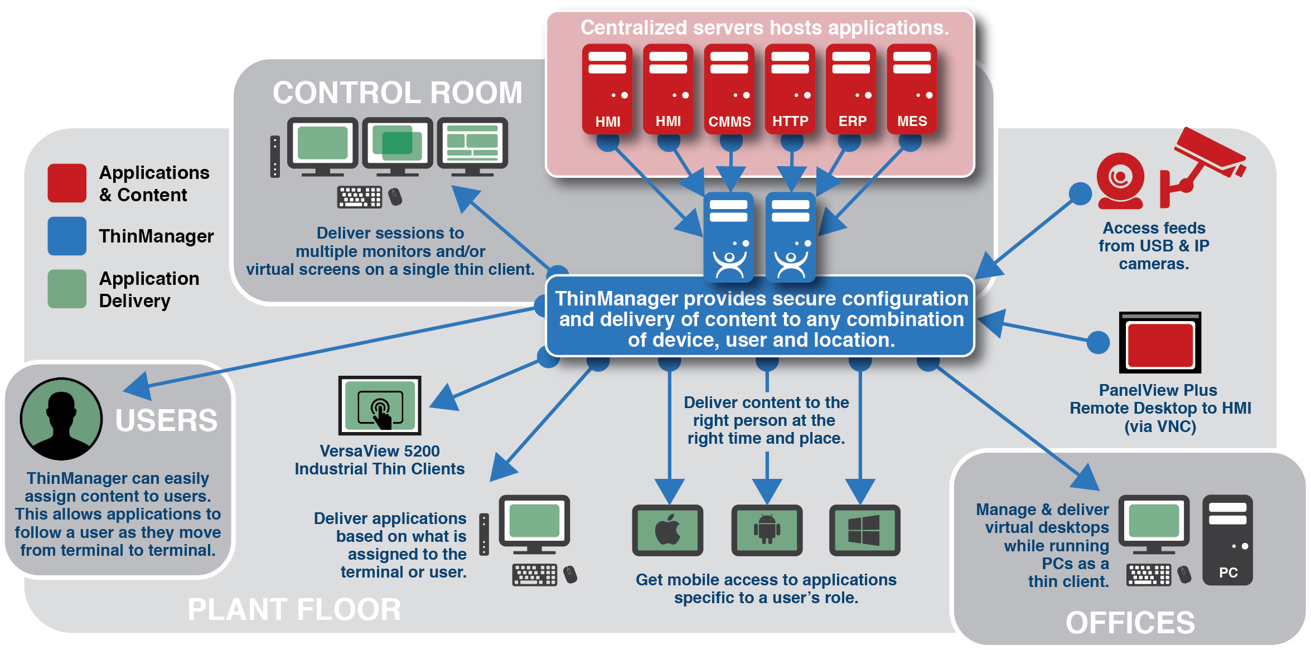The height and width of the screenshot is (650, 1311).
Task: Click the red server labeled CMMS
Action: pyautogui.click(x=729, y=89)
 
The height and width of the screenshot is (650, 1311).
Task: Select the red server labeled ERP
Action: pyautogui.click(x=851, y=89)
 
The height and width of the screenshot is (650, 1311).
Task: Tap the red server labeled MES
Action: pyautogui.click(x=912, y=89)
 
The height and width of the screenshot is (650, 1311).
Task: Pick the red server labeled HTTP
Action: pyautogui.click(x=790, y=89)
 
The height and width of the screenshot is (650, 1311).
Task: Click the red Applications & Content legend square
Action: pyautogui.click(x=67, y=183)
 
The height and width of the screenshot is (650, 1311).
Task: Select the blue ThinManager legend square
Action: pyautogui.click(x=67, y=236)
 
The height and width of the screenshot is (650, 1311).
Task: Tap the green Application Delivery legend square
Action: pyautogui.click(x=67, y=289)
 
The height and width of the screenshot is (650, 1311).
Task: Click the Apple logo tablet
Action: pyautogui.click(x=667, y=530)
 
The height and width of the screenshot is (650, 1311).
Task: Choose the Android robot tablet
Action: pyautogui.click(x=767, y=530)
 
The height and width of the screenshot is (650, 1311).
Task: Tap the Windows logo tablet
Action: pyautogui.click(x=864, y=530)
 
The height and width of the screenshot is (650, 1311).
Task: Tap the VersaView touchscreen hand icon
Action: pyautogui.click(x=380, y=411)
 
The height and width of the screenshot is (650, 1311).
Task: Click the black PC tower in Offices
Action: pyautogui.click(x=1227, y=540)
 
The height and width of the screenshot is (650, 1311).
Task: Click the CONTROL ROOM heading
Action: pyautogui.click(x=397, y=93)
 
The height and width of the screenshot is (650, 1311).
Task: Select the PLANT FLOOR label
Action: pyautogui.click(x=294, y=609)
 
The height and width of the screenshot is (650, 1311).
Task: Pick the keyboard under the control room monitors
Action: pyautogui.click(x=360, y=197)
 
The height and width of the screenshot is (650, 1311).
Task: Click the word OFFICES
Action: pyautogui.click(x=1130, y=623)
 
